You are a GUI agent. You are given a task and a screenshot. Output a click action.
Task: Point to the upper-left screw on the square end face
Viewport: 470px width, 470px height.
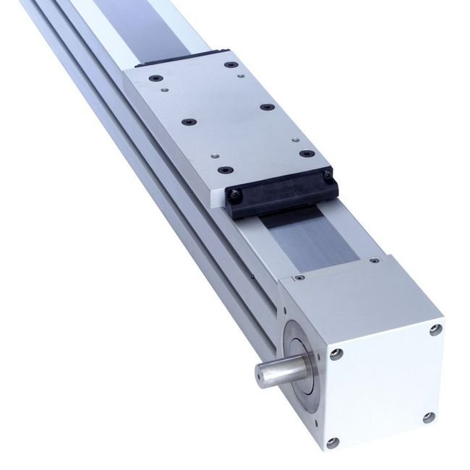tap(335, 354)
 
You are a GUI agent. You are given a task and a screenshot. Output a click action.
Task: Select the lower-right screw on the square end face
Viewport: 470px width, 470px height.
tap(430, 416)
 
